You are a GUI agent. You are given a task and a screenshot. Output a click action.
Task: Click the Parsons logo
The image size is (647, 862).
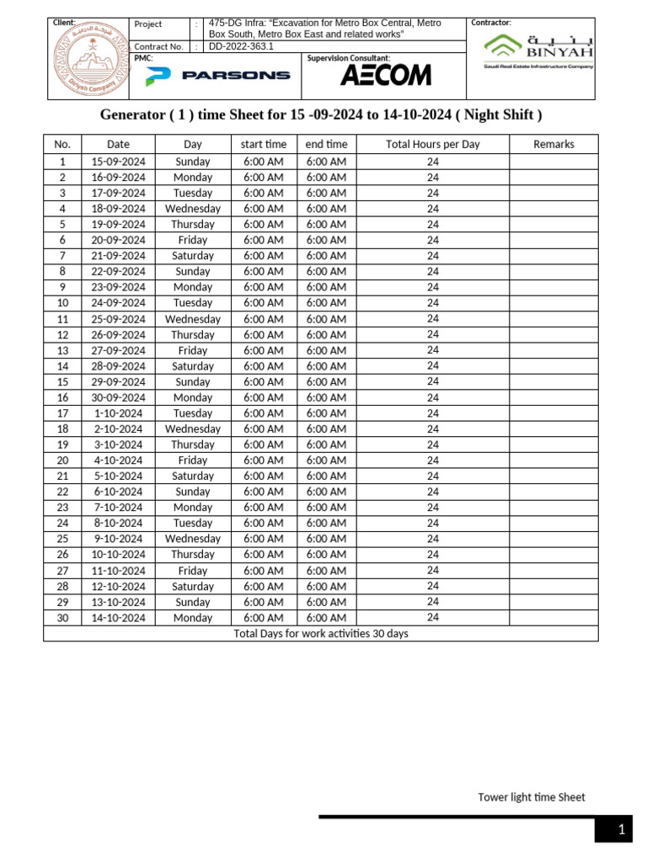point(217,76)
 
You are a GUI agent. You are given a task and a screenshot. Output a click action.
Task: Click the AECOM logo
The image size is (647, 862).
point(385,76)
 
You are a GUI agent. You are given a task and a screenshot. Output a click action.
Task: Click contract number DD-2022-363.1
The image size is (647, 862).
point(241,47)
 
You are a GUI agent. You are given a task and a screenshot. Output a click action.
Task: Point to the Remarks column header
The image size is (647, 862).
point(553,144)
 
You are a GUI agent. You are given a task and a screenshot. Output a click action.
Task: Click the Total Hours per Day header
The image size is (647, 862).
point(432,144)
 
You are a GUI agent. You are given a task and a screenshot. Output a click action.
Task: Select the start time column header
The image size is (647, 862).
point(263,144)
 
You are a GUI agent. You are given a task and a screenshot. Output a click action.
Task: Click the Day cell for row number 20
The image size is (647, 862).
point(193,460)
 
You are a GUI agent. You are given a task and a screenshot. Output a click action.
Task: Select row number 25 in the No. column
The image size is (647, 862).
point(62,539)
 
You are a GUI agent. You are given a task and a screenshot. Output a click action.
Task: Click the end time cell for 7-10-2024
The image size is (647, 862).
point(326,508)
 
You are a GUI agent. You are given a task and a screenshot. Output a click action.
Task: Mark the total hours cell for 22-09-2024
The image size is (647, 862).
point(432,271)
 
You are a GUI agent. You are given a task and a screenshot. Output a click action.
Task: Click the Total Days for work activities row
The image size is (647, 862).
point(320,633)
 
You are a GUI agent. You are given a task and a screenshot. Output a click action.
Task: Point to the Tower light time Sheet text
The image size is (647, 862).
point(531,797)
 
